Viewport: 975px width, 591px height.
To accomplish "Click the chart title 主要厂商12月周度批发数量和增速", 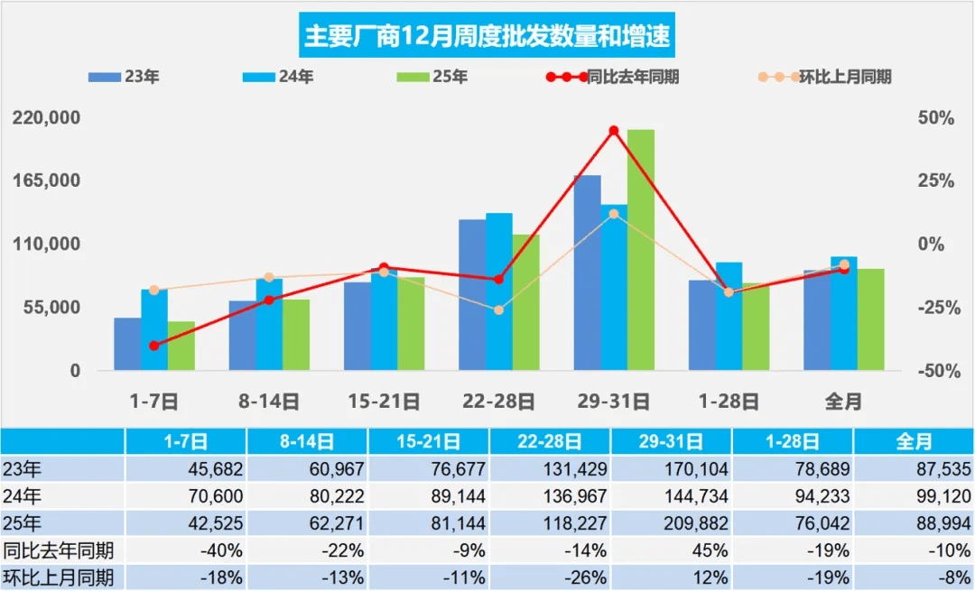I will pos(487,36).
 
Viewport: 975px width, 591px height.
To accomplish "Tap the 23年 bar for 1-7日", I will pos(127,344).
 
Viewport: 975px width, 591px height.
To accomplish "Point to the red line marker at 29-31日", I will pos(614,131).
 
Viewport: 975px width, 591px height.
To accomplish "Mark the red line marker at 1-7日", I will pos(153,346).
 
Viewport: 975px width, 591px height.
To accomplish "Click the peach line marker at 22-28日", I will pos(498,310).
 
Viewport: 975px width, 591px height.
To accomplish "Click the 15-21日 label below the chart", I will pos(384,402).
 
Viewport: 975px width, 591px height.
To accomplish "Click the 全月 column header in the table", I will pos(914,441).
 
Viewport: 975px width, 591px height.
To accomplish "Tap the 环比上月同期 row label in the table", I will pos(59,577).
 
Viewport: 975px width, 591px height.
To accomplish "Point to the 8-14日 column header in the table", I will pos(307,441).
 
